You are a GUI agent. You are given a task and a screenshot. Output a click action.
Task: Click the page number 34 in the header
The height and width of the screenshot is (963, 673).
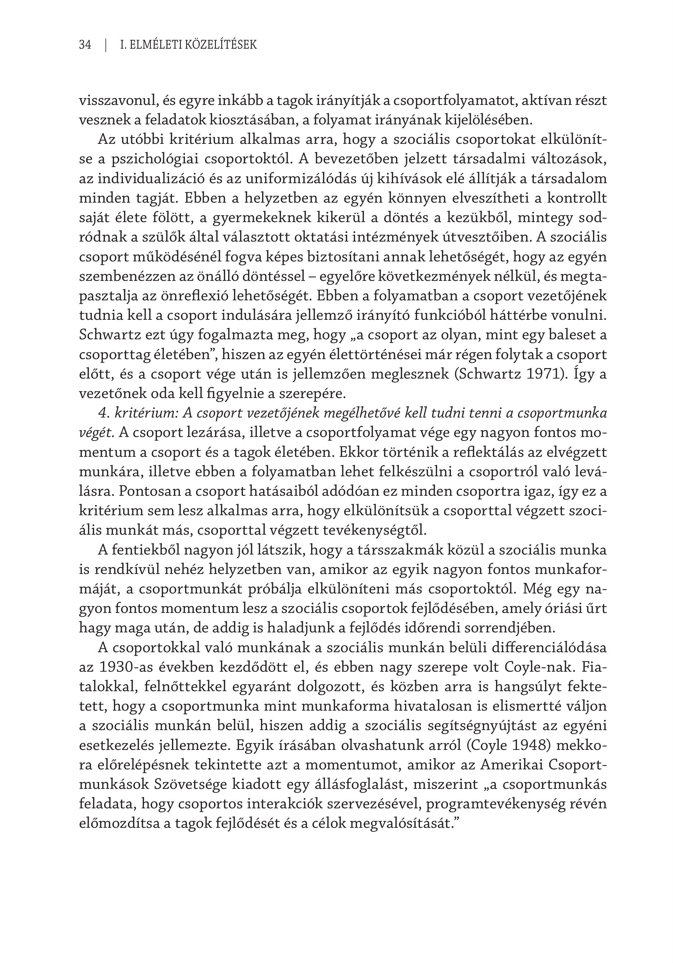[85, 45]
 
